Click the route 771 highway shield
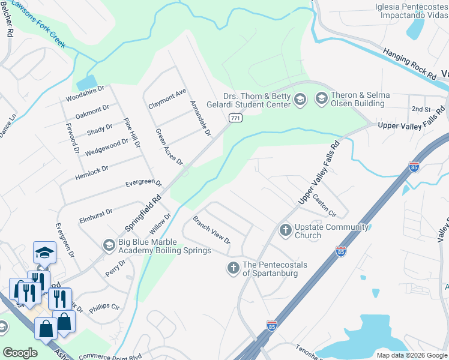(x=235, y=119)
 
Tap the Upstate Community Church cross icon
(x=285, y=230)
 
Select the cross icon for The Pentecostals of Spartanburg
(x=233, y=268)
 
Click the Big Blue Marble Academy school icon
(x=109, y=245)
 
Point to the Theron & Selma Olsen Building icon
(x=321, y=98)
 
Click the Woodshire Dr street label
(x=85, y=93)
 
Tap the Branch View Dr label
(x=211, y=230)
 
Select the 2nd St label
(x=421, y=109)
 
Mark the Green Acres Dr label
(x=169, y=147)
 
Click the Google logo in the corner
(x=20, y=353)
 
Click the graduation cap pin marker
(x=44, y=253)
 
